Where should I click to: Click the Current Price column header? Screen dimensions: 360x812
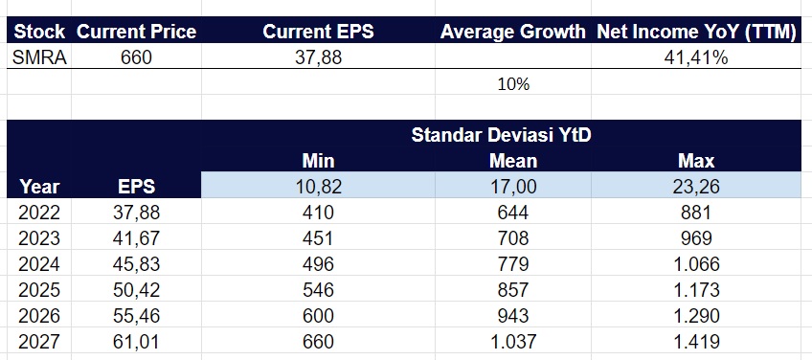(x=136, y=32)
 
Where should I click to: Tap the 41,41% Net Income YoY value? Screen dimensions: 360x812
(x=696, y=56)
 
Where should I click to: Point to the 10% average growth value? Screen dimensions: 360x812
(x=513, y=83)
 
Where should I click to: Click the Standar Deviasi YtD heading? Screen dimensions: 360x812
(x=501, y=135)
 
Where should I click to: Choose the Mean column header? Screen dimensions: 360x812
(x=513, y=160)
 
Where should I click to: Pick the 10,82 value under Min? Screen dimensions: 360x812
(x=317, y=186)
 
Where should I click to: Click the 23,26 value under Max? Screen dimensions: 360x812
(x=696, y=186)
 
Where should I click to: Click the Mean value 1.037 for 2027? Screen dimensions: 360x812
(x=513, y=342)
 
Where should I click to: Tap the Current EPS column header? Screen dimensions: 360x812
(x=317, y=32)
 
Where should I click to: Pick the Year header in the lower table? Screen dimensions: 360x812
(x=38, y=186)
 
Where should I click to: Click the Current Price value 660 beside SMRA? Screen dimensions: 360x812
(x=136, y=56)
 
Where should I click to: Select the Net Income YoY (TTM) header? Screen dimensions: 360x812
(x=696, y=32)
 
